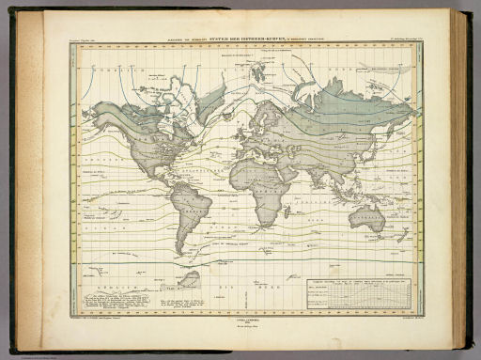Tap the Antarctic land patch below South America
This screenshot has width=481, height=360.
coord(193,279)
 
